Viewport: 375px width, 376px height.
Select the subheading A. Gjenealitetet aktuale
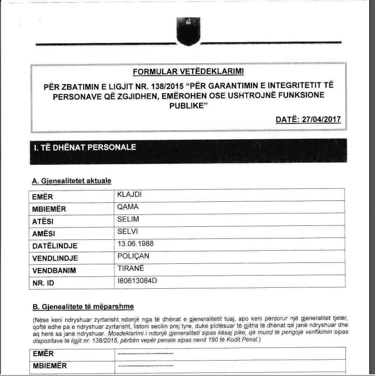[x=71, y=181]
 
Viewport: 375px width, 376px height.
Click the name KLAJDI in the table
[x=128, y=195]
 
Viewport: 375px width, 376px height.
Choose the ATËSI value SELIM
[x=127, y=219]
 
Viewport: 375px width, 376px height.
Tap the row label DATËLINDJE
[x=55, y=246]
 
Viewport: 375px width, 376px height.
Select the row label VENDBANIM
[x=54, y=271]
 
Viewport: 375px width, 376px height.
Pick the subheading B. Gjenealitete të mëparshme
[x=82, y=307]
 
